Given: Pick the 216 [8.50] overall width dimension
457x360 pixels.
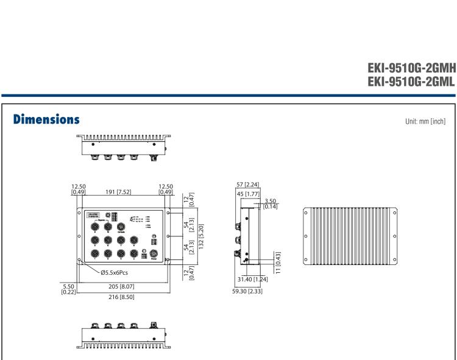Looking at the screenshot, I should (122, 297).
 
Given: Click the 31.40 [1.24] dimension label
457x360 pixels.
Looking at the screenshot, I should (250, 279).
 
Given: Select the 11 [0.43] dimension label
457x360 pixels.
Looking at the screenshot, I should (278, 258).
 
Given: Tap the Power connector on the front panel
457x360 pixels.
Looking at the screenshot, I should (154, 253).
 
